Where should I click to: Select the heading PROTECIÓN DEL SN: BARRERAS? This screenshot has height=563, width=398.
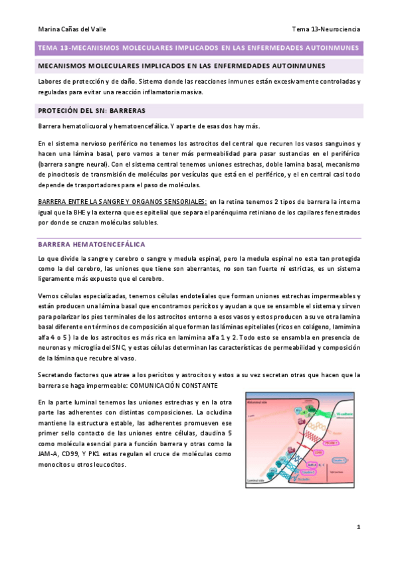coord(92,110)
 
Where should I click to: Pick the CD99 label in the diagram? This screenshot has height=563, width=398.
coord(318,453)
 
